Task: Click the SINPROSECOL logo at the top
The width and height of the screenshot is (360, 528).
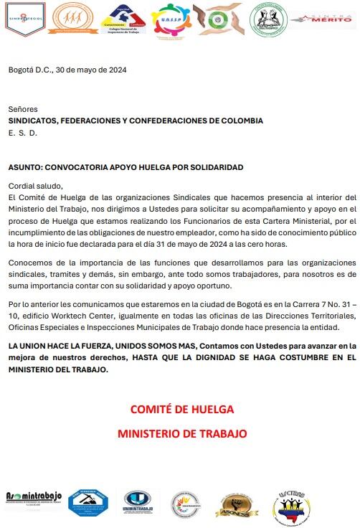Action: pos(25,19)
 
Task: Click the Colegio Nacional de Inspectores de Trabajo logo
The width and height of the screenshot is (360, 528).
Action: pos(122,19)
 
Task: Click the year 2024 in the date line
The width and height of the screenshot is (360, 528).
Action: pos(117,70)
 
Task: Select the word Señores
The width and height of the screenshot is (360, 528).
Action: pos(23,109)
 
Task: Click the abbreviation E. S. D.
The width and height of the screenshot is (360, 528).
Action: pos(22,133)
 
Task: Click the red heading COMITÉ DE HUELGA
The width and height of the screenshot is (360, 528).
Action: pos(182,410)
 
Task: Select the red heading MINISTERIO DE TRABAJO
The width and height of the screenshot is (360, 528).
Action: pos(182,434)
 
